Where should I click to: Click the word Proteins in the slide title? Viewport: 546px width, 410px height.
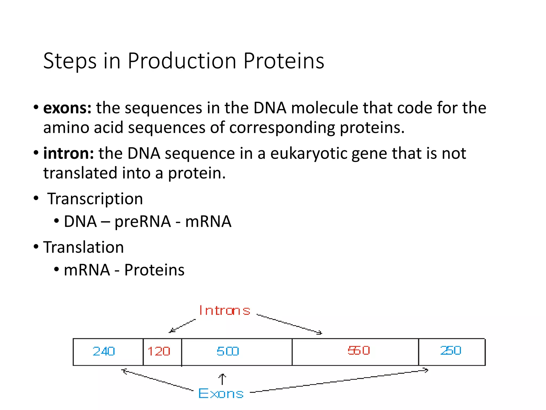[284, 61]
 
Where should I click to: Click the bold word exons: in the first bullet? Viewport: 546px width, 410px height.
[67, 108]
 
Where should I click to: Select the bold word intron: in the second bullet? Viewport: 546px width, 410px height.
[69, 153]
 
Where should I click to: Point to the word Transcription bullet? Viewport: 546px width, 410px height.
[95, 199]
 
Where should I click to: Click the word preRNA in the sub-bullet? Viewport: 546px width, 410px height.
[143, 222]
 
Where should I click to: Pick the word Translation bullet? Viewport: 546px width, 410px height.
[83, 247]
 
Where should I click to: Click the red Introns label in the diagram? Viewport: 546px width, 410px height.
[224, 311]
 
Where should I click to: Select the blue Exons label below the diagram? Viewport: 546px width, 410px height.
[221, 394]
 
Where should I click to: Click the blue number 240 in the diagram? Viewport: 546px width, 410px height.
[104, 351]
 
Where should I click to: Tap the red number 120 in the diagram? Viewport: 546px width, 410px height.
[159, 351]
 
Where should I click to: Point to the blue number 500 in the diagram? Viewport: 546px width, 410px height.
[228, 351]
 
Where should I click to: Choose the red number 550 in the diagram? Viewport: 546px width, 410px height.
[359, 350]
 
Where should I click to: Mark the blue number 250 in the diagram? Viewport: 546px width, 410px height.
[451, 350]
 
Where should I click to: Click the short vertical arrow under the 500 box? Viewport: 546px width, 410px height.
[222, 379]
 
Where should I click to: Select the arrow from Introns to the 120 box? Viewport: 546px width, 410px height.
[182, 326]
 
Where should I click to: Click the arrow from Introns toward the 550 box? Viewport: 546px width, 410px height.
[289, 324]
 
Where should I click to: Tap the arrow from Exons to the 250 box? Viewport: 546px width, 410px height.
[339, 381]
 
